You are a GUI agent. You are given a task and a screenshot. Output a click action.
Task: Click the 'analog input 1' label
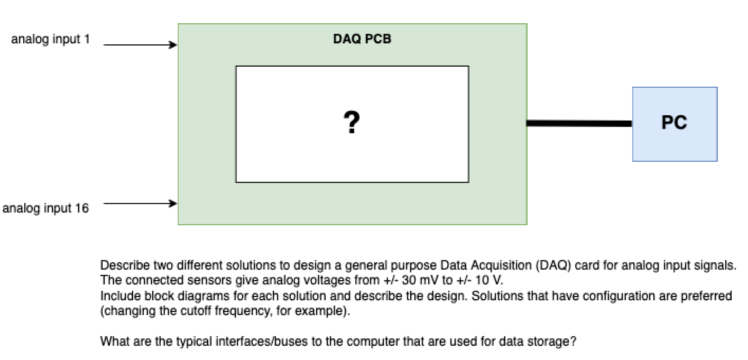point(50,40)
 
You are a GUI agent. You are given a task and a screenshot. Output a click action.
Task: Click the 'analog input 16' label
point(46,208)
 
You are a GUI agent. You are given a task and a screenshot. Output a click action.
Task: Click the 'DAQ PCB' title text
point(362,39)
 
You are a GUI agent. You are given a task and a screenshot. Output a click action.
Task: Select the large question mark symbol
point(352,123)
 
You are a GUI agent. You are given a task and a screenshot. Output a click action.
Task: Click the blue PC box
point(675,123)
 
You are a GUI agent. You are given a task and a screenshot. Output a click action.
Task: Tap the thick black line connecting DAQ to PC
point(579,123)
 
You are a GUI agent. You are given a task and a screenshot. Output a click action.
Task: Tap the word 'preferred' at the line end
point(710,296)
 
